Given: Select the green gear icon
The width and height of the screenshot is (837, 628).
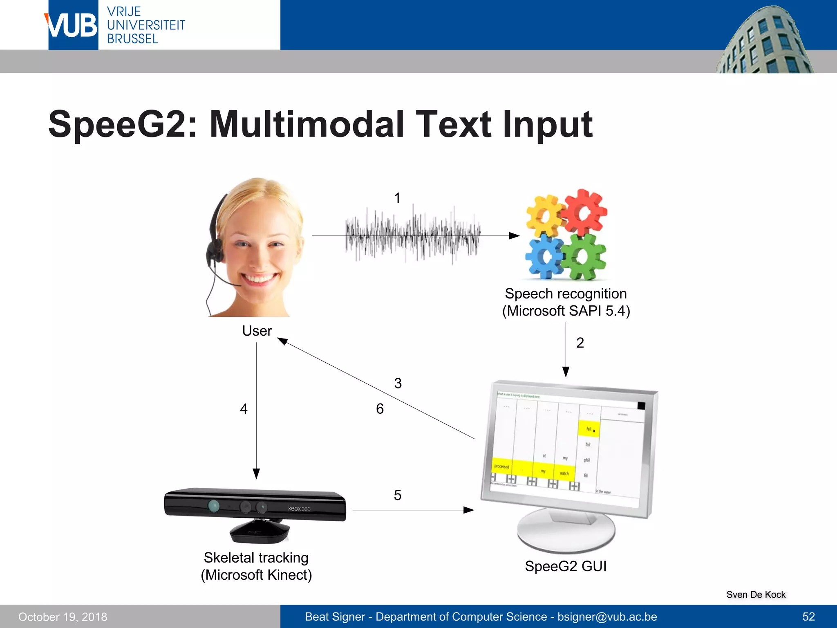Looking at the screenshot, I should pyautogui.click(x=584, y=257).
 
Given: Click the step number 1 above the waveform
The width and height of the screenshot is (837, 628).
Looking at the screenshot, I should pyautogui.click(x=397, y=198).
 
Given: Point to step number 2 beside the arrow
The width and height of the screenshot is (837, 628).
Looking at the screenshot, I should pyautogui.click(x=580, y=343).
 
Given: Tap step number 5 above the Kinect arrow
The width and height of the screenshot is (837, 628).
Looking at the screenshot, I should pyautogui.click(x=398, y=496).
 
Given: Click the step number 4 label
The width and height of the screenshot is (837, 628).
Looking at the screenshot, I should pyautogui.click(x=244, y=409).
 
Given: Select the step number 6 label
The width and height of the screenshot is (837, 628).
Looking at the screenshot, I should pyautogui.click(x=380, y=409).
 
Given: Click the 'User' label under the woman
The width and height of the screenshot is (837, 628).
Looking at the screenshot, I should pyautogui.click(x=257, y=331).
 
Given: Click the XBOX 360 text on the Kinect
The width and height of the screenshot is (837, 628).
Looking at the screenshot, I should pyautogui.click(x=299, y=509).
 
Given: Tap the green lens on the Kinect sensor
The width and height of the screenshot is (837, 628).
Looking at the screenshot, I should pyautogui.click(x=213, y=506).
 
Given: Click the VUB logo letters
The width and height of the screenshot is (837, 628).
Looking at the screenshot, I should pyautogui.click(x=73, y=26).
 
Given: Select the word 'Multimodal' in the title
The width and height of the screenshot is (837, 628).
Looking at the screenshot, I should pyautogui.click(x=306, y=124).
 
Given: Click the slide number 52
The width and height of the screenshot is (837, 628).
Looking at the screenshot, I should pyautogui.click(x=808, y=617).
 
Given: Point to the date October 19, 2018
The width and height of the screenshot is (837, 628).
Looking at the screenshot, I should pyautogui.click(x=63, y=617).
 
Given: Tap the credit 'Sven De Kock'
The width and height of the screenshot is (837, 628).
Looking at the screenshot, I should pyautogui.click(x=756, y=594).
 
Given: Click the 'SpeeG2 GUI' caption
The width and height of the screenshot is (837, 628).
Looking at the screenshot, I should pyautogui.click(x=566, y=566).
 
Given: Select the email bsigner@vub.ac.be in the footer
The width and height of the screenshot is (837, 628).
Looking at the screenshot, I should pyautogui.click(x=607, y=617).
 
